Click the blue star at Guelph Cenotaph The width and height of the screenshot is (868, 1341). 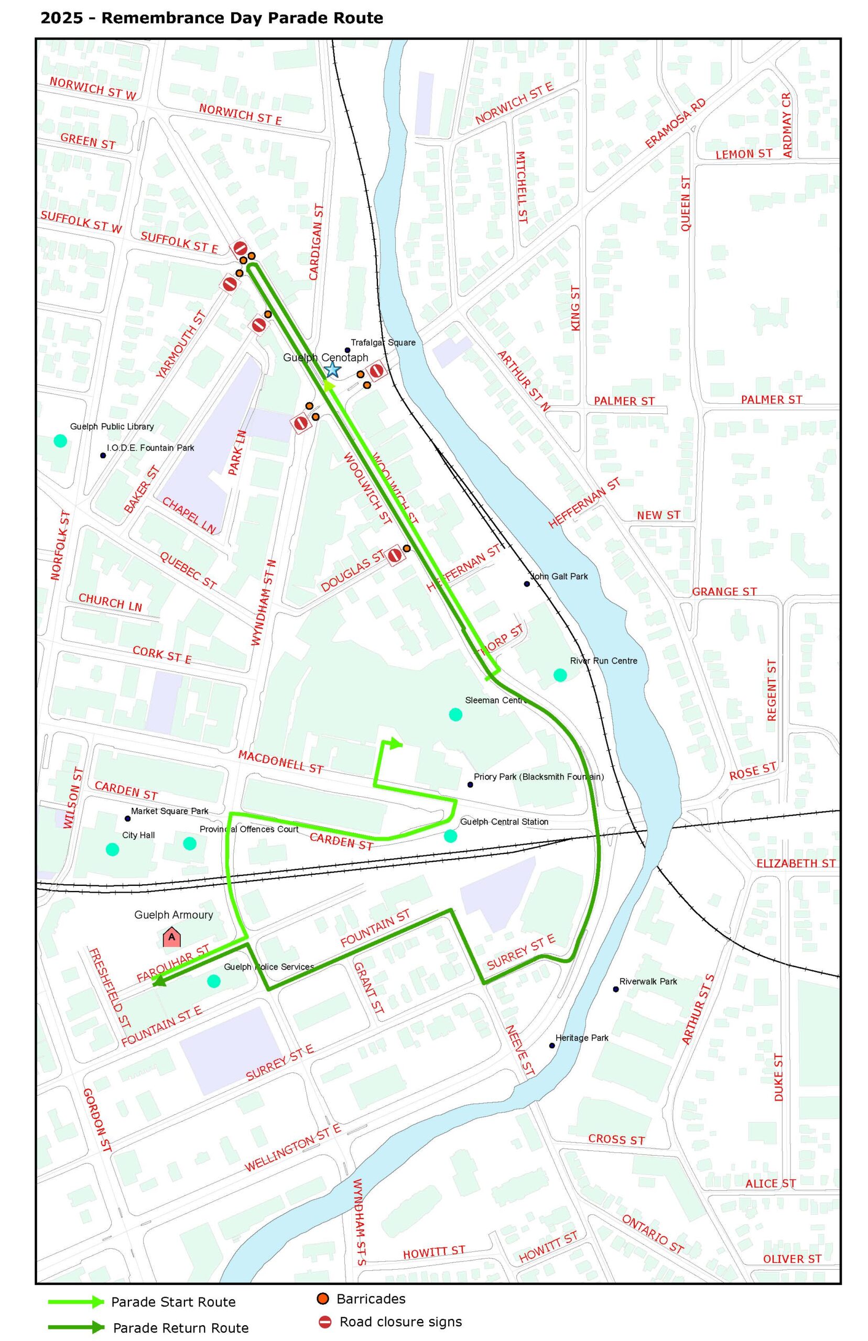click(332, 369)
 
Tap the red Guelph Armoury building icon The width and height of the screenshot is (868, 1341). click(172, 938)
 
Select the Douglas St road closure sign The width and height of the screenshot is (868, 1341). click(396, 555)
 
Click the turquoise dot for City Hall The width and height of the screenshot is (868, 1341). click(112, 849)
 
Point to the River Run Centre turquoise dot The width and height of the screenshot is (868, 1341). click(560, 675)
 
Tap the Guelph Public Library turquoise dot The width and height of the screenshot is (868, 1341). click(60, 441)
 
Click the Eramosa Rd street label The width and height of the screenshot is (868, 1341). click(675, 123)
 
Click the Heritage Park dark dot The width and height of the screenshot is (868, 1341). click(552, 1046)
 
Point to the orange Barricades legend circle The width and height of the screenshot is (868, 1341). click(323, 1299)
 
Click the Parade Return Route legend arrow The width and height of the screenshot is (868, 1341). click(76, 1327)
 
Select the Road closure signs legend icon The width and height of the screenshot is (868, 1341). click(325, 1322)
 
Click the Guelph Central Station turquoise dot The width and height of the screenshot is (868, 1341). click(450, 836)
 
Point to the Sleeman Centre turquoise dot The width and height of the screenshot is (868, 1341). click(455, 715)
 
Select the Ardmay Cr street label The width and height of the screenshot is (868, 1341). click(787, 125)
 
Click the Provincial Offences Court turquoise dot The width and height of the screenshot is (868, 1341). click(189, 843)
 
